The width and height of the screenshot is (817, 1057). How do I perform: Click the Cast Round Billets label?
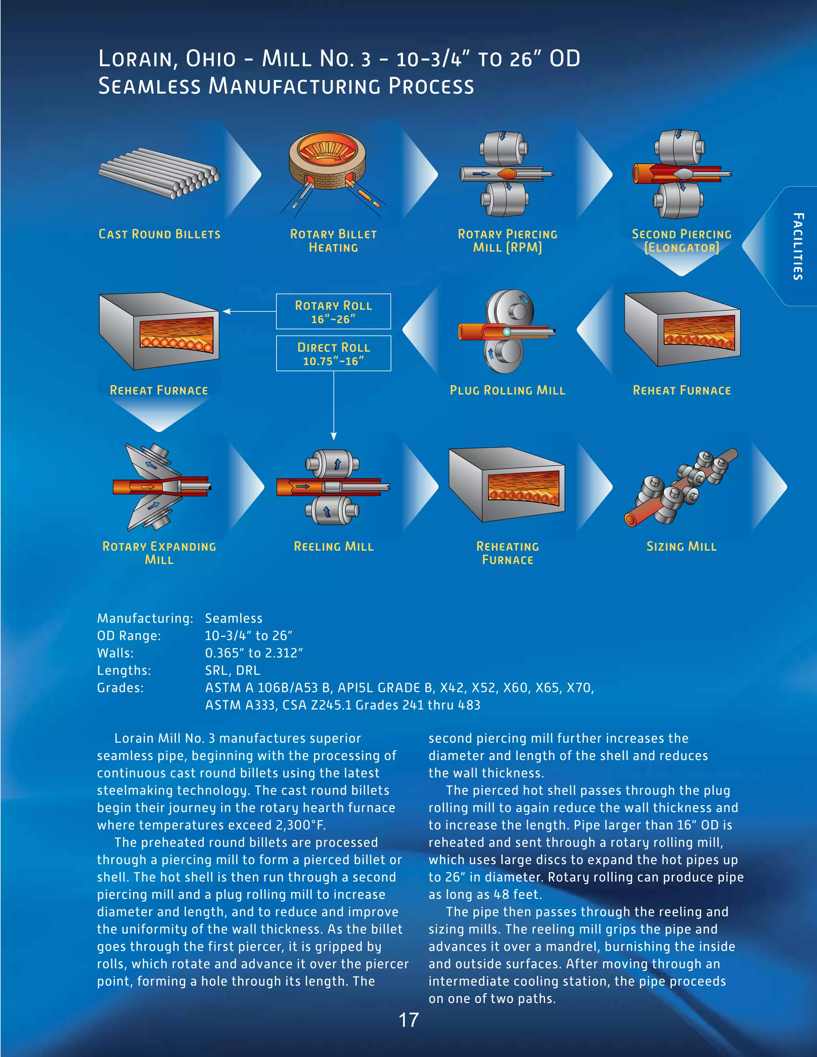159,234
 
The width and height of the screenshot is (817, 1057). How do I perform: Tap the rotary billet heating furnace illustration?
327,165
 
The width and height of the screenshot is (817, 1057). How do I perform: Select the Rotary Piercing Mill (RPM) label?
507,241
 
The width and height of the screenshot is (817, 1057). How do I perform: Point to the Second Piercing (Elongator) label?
681,241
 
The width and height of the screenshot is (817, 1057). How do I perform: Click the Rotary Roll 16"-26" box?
334,312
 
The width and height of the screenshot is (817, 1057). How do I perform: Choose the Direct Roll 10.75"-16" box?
334,354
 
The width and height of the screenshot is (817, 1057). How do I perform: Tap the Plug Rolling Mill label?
507,390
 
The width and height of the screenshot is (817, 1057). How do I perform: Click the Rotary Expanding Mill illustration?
160,486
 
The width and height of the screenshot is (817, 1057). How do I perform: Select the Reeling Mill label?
334,547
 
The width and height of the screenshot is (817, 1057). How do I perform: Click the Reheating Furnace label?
507,553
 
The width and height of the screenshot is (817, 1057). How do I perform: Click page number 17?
408,1020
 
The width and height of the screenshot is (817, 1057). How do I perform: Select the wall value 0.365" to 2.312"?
254,653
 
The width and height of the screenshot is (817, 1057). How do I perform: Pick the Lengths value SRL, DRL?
232,671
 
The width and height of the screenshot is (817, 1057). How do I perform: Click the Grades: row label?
120,688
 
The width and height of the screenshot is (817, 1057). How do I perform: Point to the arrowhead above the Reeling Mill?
334,436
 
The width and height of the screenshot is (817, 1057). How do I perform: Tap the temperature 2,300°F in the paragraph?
297,825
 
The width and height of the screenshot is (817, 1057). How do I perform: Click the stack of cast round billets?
159,173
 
